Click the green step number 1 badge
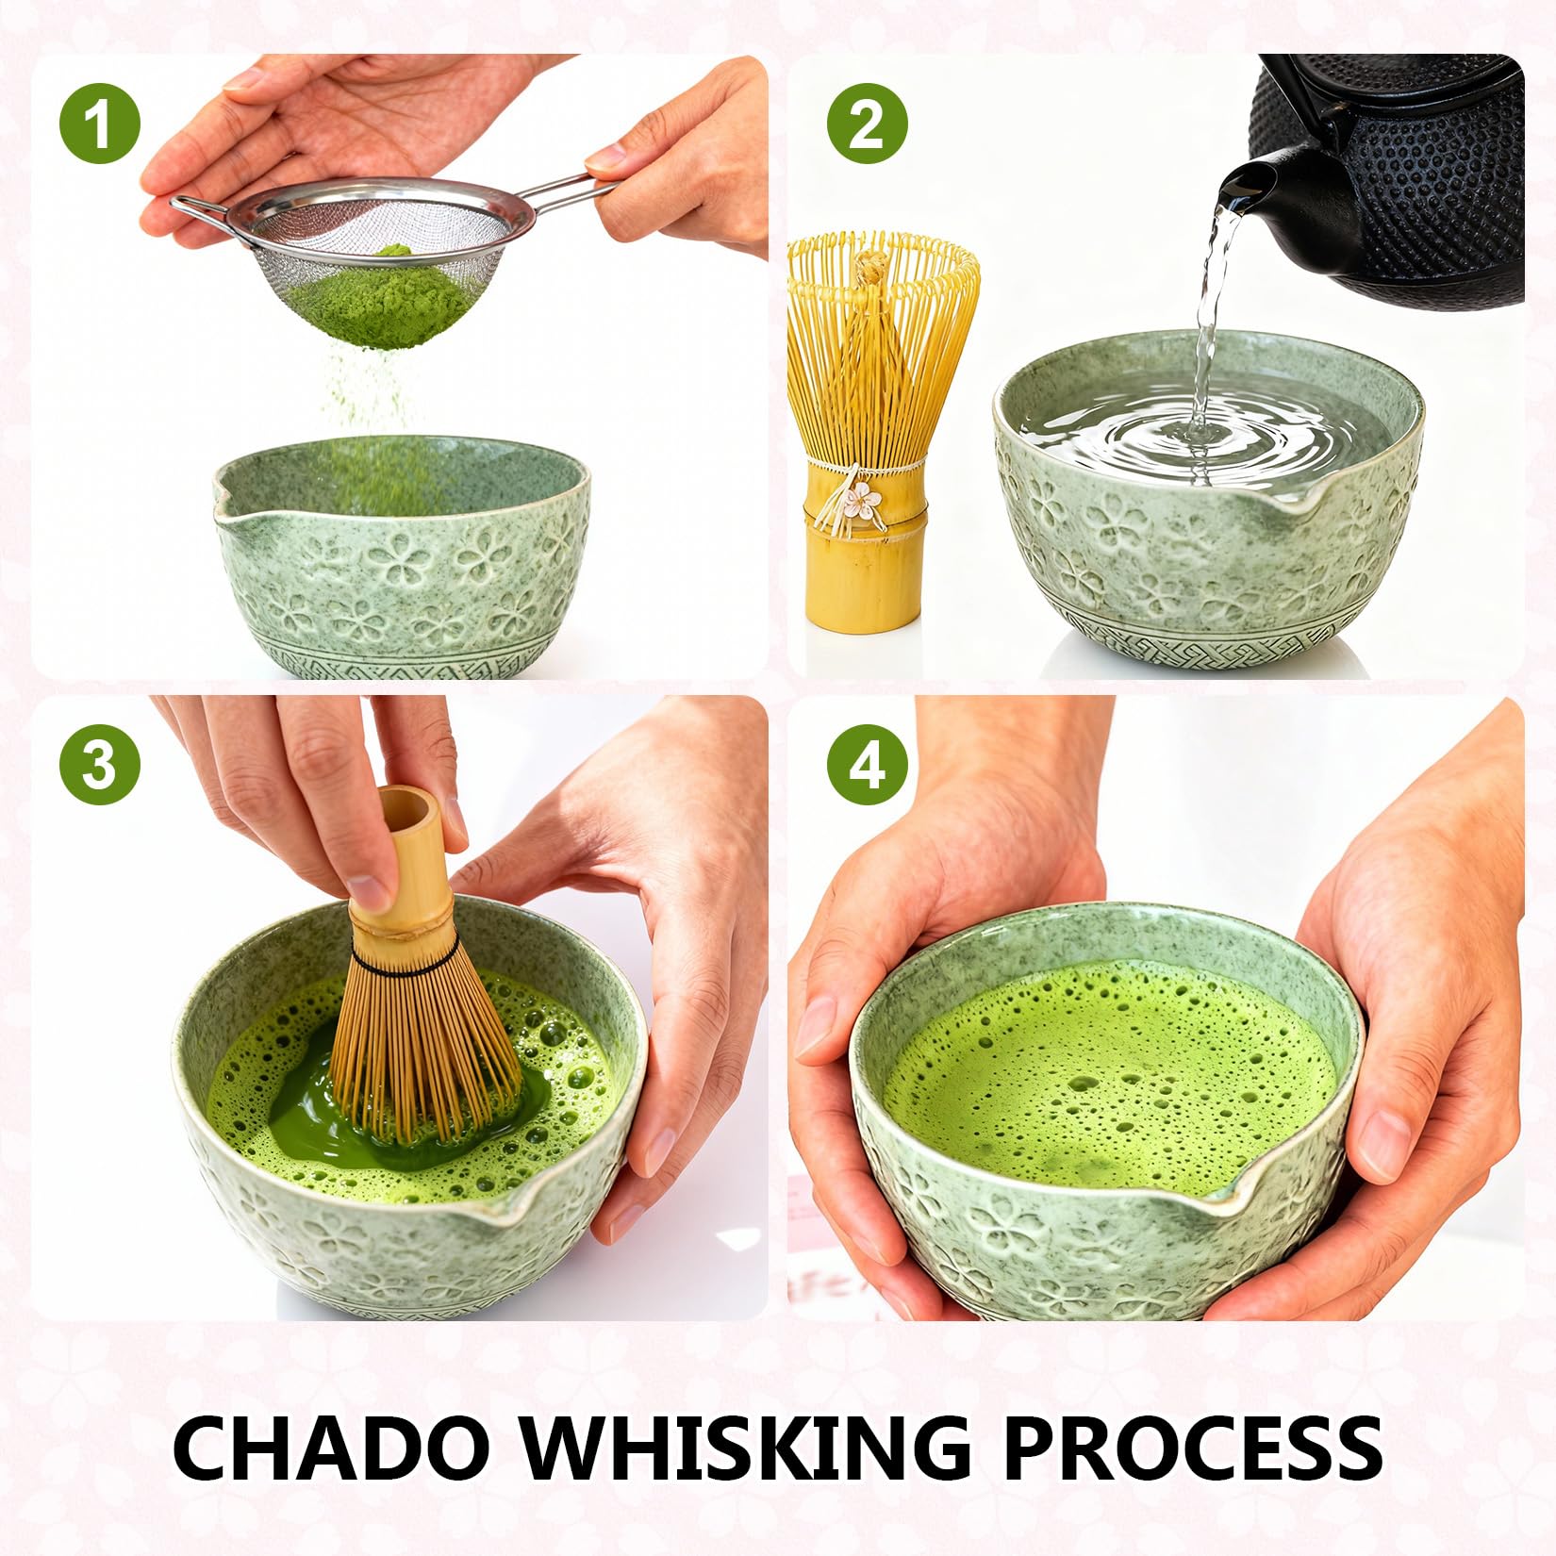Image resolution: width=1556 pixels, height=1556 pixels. coord(100,124)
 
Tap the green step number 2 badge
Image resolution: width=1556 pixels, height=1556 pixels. coord(868,124)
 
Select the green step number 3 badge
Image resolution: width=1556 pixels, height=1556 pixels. coord(100,765)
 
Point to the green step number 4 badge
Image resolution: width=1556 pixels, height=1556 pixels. coord(868,765)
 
